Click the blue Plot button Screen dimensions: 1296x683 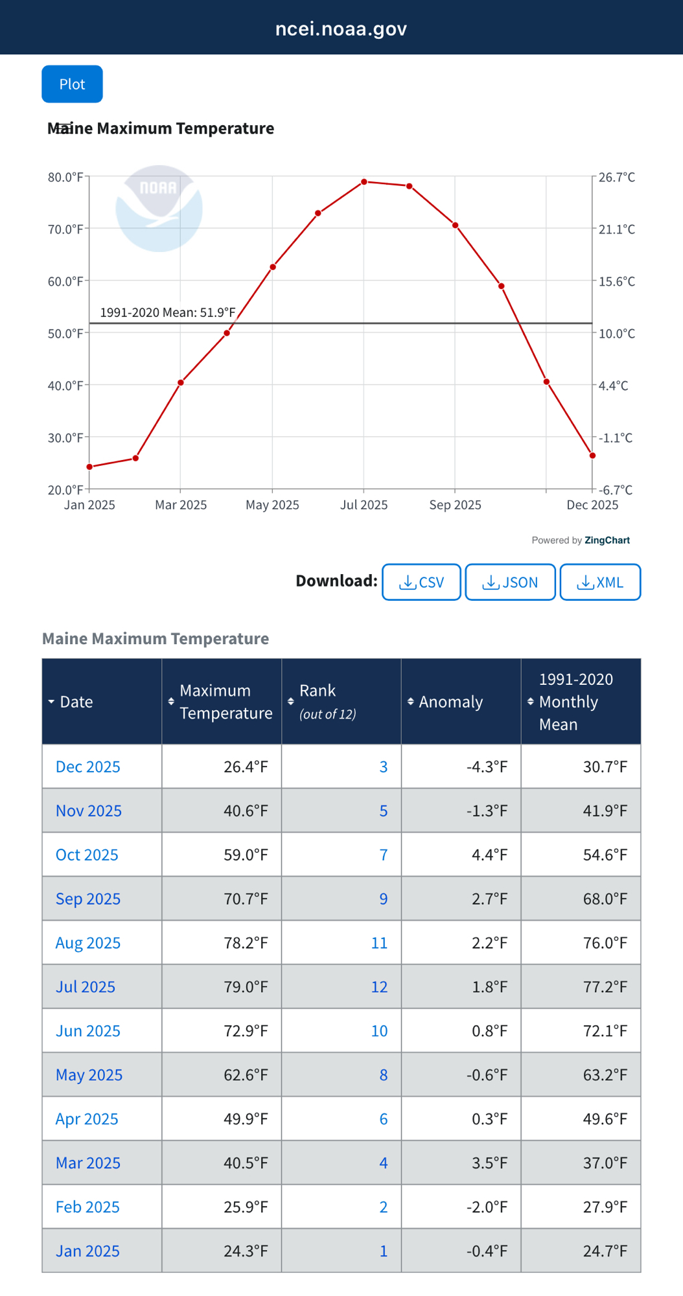tap(72, 84)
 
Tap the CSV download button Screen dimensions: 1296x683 tap(421, 582)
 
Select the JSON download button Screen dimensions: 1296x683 tap(510, 582)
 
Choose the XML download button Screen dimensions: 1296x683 tap(600, 582)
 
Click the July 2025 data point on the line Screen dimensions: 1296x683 tap(364, 182)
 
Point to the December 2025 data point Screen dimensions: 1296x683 tap(592, 456)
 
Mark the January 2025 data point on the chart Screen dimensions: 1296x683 tap(89, 467)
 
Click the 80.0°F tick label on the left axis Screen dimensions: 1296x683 tap(65, 177)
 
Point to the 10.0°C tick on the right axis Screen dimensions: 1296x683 tap(616, 334)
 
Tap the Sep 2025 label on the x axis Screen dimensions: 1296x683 tap(455, 505)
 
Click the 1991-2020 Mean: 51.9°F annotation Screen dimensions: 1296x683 tap(168, 312)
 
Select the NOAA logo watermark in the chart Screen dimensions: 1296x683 tap(159, 208)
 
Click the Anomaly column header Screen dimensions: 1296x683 tap(450, 702)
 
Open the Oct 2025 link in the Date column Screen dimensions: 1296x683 tap(87, 855)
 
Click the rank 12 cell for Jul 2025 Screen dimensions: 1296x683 tap(379, 987)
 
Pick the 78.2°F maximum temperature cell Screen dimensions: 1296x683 tap(246, 943)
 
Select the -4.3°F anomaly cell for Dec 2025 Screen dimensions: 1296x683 tap(487, 767)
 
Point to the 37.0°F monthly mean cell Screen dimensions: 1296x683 tap(605, 1163)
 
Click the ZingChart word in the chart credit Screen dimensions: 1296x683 tap(607, 540)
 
